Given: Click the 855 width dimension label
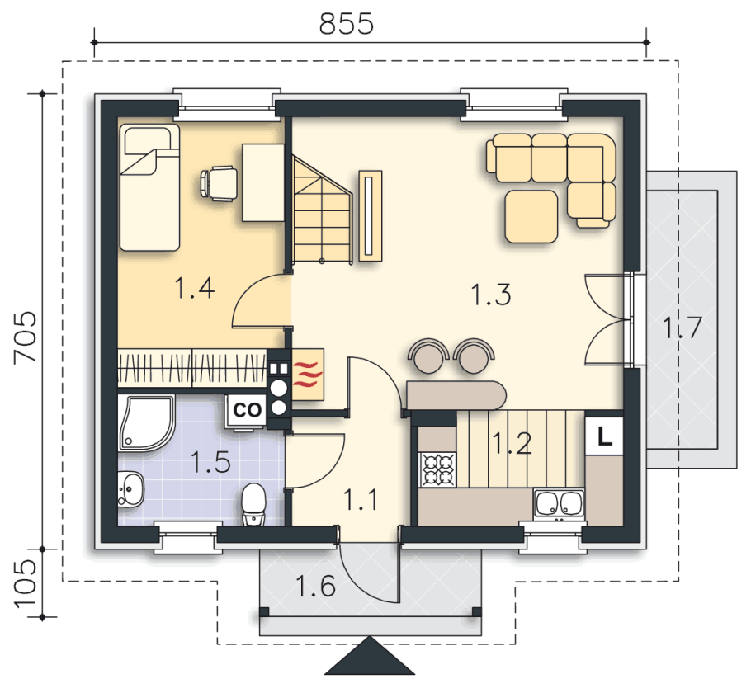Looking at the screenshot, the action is [347, 23].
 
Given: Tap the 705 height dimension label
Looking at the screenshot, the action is [25, 337].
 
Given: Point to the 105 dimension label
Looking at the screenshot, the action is [25, 584].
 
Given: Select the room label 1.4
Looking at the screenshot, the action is [194, 288].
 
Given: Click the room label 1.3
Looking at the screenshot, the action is [491, 294].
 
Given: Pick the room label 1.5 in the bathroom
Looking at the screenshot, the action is [210, 462].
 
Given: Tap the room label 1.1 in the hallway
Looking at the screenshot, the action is [360, 499].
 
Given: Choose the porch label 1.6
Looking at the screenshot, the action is [315, 586].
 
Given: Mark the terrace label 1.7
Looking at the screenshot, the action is [682, 328].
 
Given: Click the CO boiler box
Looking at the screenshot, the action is [247, 410].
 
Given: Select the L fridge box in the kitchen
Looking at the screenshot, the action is [604, 436].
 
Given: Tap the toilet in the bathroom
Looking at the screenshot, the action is [253, 504].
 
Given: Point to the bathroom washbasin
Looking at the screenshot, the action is [130, 488].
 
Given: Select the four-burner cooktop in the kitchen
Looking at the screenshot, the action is [437, 469].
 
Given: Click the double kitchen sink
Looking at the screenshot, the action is [559, 504].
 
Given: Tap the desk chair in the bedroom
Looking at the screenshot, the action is [219, 183].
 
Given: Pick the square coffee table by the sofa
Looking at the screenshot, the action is [531, 216].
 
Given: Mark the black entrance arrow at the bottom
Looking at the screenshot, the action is [370, 658].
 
